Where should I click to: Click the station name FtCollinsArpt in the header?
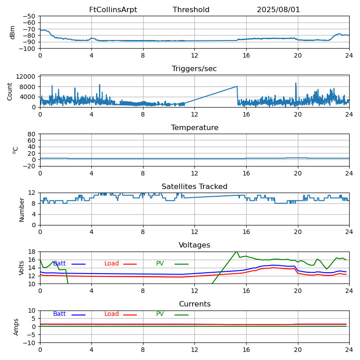point(113,10)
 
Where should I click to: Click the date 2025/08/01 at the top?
point(278,10)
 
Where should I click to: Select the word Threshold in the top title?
point(191,10)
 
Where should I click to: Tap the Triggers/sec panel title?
point(194,69)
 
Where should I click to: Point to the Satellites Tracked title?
point(194,187)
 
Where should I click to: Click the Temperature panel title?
point(194,128)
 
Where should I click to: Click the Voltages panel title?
point(194,245)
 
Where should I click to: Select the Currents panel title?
point(194,304)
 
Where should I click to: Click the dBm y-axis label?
point(13,32)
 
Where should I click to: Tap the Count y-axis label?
point(10,91)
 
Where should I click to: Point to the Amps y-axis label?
point(16,327)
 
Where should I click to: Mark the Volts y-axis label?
point(22,268)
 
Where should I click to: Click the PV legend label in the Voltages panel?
point(160,264)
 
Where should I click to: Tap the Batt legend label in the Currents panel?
point(59,314)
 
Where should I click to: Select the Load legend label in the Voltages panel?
point(112,264)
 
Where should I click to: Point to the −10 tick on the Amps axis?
point(29,343)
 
